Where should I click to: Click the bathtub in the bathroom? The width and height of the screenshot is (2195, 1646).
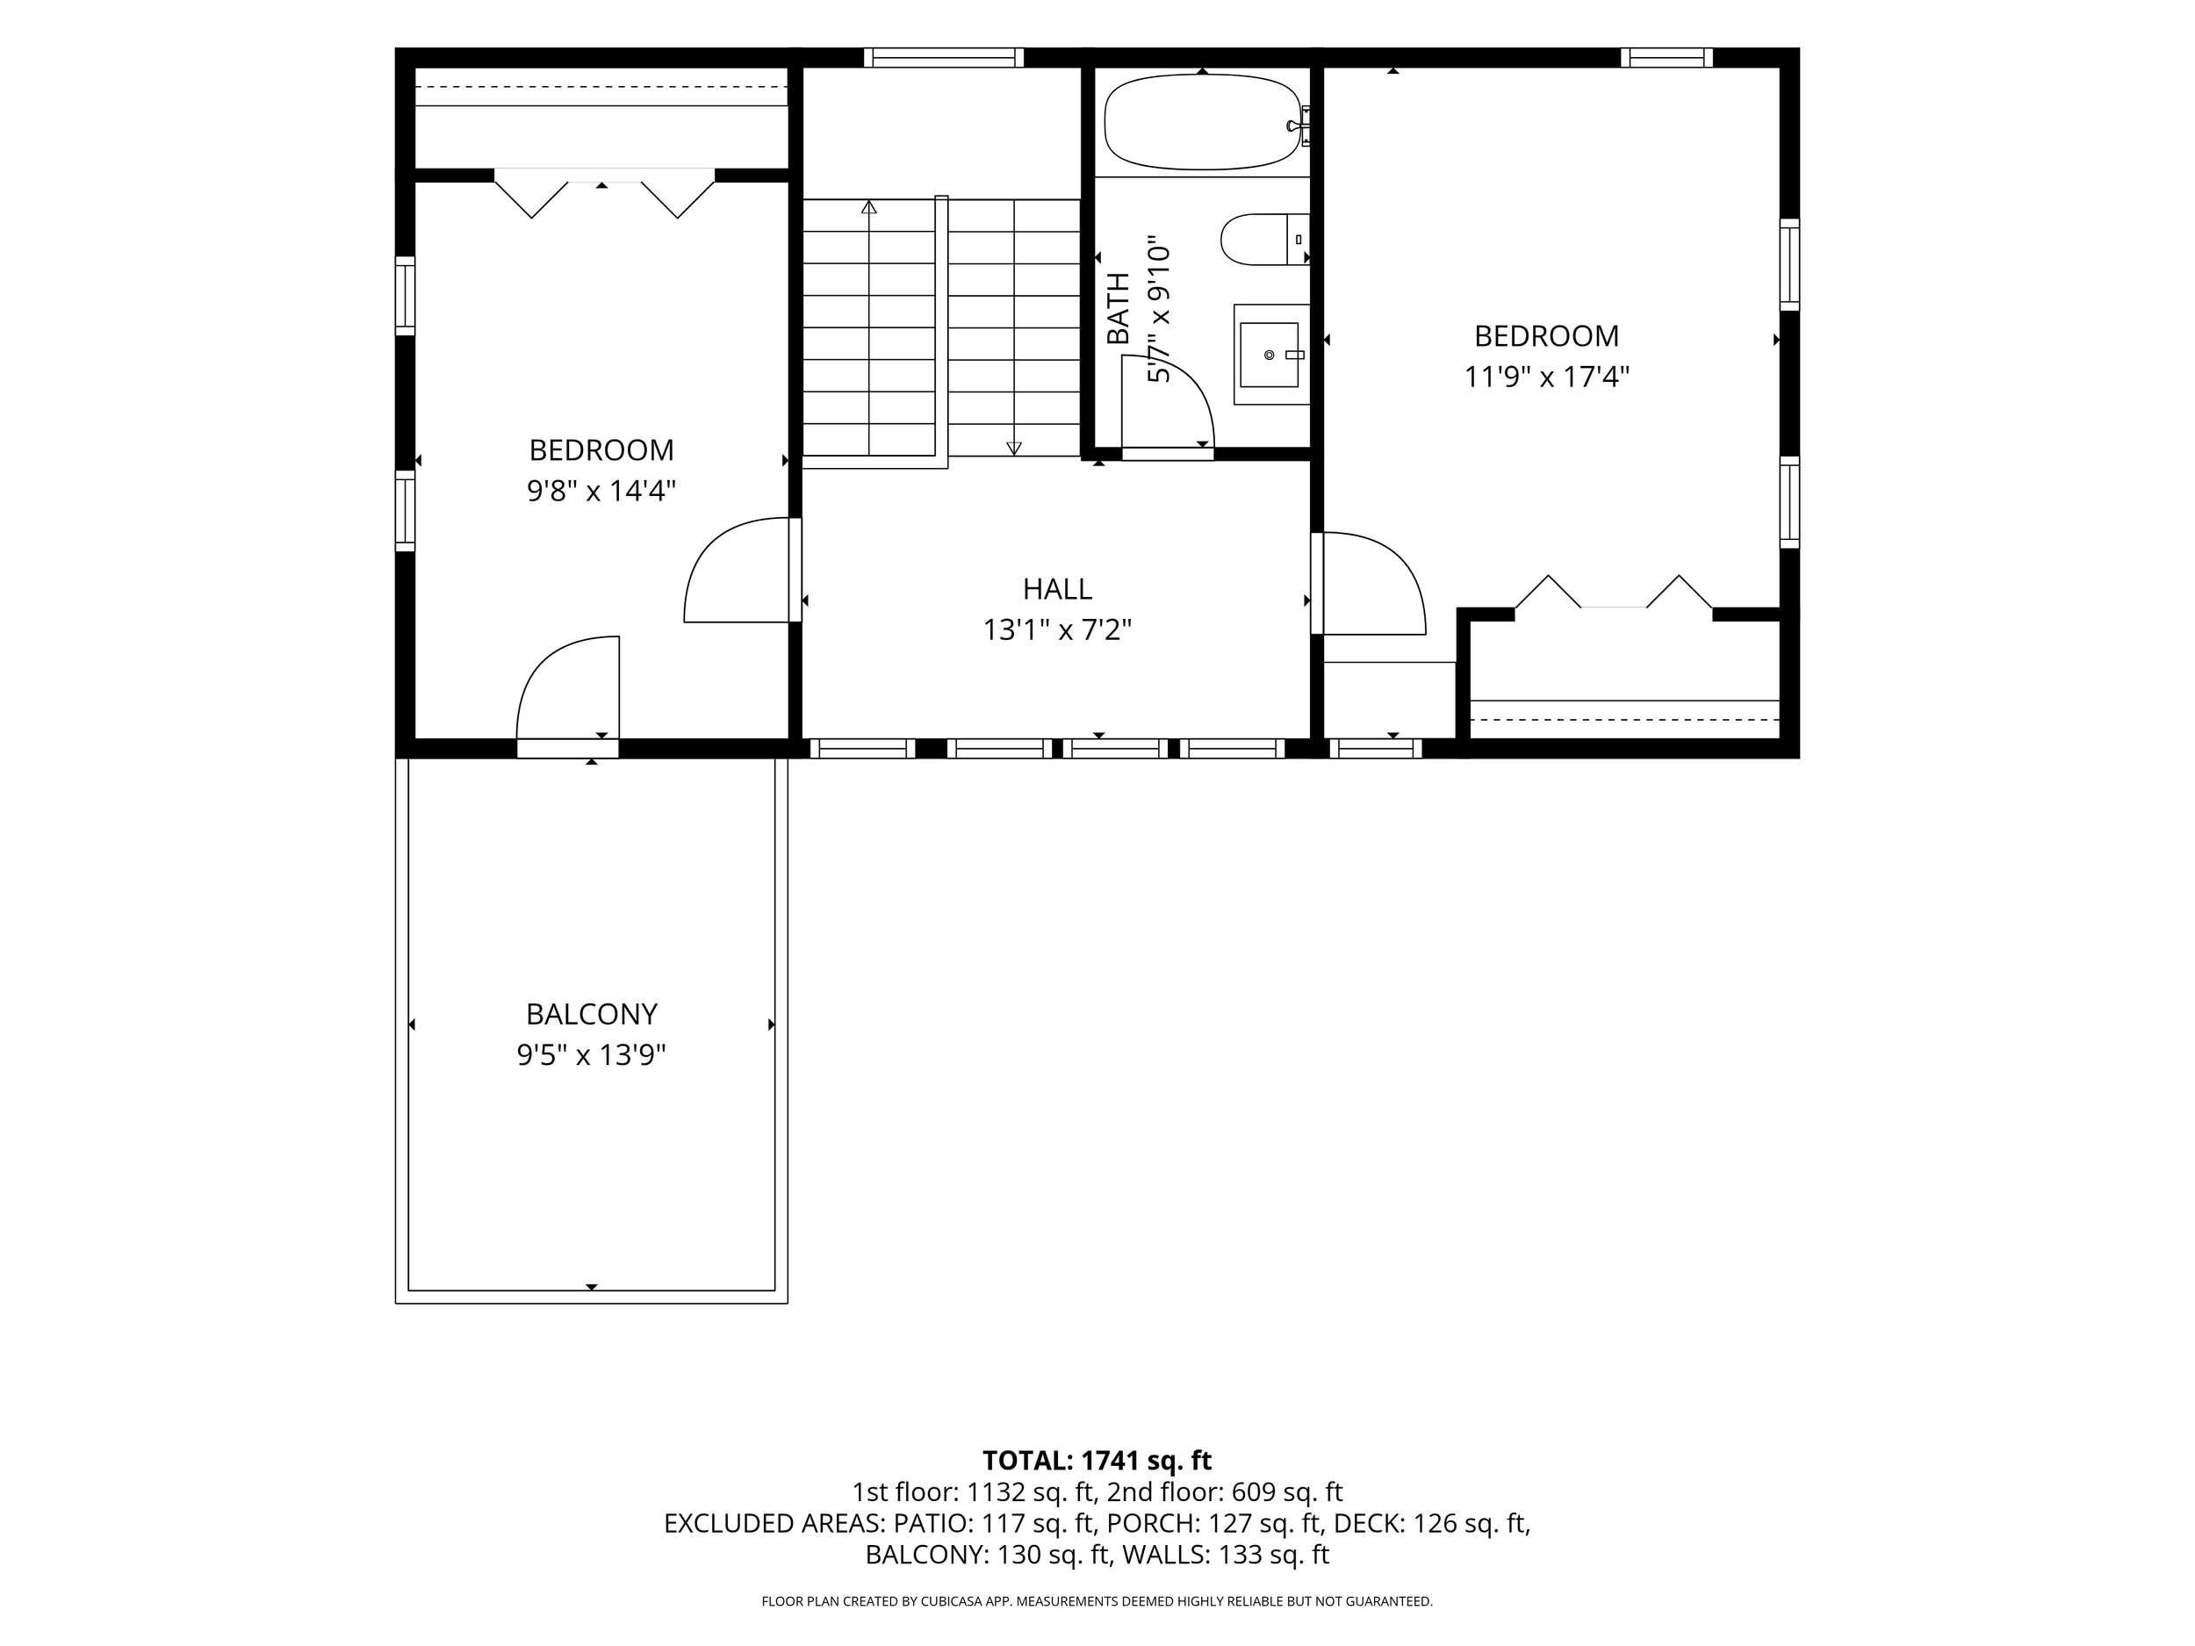[x=1202, y=122]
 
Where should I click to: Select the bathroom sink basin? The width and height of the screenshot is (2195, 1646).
[x=1270, y=354]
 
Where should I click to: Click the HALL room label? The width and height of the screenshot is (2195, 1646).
[x=1058, y=589]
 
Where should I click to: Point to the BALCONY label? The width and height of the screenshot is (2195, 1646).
[x=592, y=1014]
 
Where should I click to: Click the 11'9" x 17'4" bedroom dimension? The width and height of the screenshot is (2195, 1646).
[x=1547, y=377]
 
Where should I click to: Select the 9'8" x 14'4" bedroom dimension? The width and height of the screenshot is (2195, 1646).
[x=601, y=491]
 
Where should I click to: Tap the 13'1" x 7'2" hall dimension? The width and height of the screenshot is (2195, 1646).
[x=1058, y=630]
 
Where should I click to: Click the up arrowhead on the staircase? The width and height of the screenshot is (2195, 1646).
[x=869, y=207]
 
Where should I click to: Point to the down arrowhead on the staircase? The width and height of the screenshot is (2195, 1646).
[x=1014, y=449]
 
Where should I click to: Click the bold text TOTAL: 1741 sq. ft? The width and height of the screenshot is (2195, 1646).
[x=1097, y=1461]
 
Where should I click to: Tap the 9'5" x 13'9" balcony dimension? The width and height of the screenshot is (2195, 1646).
[x=592, y=1054]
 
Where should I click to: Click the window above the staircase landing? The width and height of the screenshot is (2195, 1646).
[x=944, y=58]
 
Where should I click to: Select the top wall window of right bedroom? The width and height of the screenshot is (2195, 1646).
[x=1667, y=58]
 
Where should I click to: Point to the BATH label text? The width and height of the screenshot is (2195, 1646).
[x=1119, y=308]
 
